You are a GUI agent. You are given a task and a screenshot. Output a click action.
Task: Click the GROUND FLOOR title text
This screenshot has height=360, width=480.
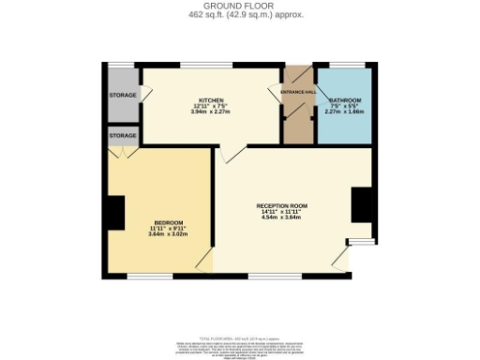(239, 7)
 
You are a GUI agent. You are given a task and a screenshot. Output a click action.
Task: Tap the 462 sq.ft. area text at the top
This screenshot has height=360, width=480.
(239, 15)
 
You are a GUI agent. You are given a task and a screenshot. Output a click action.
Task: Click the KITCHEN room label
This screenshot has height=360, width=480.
(210, 98)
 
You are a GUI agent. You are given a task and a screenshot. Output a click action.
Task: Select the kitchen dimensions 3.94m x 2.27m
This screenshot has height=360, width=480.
(210, 111)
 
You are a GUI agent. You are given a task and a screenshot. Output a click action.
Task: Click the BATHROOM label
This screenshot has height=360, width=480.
(345, 99)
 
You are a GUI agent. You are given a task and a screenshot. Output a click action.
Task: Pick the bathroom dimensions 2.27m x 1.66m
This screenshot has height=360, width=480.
(345, 112)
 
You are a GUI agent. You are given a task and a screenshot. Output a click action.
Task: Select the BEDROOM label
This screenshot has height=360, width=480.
(168, 222)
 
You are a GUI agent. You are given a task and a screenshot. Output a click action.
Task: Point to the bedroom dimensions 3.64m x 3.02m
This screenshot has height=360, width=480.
(168, 234)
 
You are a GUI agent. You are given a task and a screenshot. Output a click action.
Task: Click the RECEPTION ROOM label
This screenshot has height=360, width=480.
(281, 205)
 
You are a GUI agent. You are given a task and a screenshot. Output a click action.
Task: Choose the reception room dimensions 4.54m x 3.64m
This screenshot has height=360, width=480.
(281, 217)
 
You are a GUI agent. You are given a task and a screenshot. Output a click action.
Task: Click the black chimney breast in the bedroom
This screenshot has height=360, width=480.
(113, 213)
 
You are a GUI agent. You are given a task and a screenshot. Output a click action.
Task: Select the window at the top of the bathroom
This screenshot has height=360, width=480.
(345, 65)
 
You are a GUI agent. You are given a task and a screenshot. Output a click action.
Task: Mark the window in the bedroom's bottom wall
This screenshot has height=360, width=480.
(149, 276)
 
